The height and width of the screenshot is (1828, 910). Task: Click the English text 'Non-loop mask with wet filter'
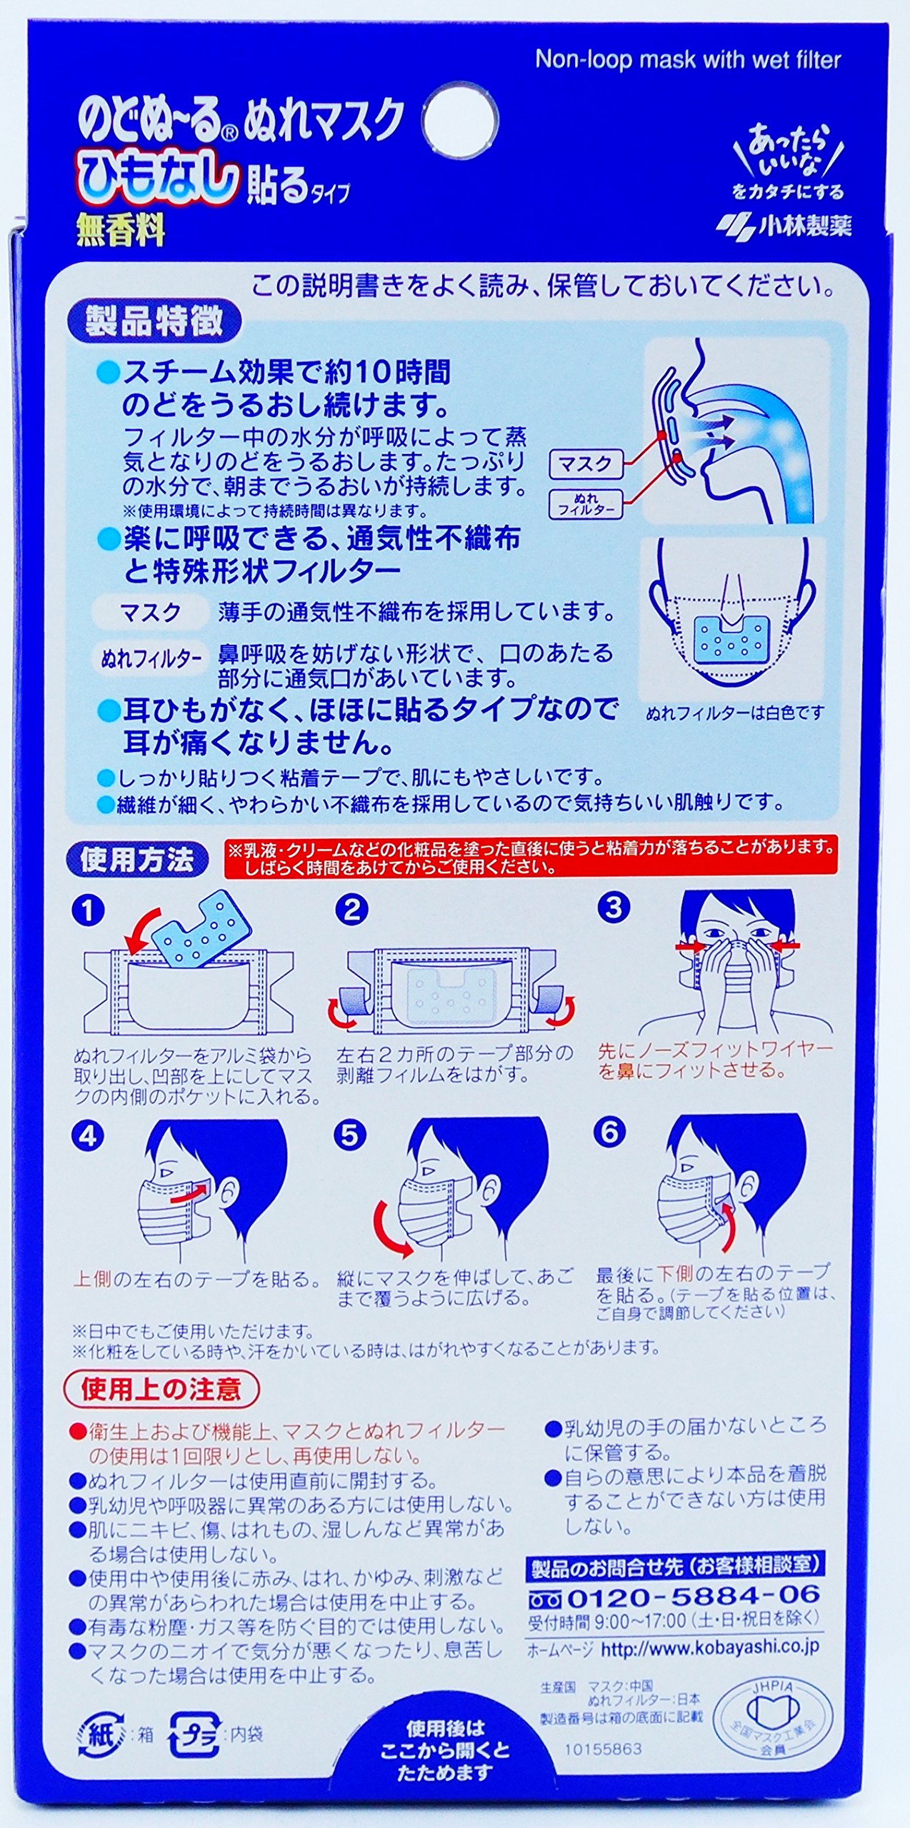pos(688,60)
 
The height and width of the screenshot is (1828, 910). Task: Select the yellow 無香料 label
pos(121,231)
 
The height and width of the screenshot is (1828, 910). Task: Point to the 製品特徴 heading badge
pos(154,323)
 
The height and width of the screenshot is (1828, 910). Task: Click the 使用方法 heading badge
pos(137,860)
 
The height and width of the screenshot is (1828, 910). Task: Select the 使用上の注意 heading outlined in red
pos(161,1389)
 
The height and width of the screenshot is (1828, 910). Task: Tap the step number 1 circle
pos(89,910)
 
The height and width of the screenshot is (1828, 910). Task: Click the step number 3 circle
pos(614,907)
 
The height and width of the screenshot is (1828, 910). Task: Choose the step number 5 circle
pos(349,1135)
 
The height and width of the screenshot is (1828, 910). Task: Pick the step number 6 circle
pos(609,1132)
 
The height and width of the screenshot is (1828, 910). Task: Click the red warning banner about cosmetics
pos(531,858)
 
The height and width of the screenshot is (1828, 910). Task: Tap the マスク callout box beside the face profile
pos(585,465)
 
